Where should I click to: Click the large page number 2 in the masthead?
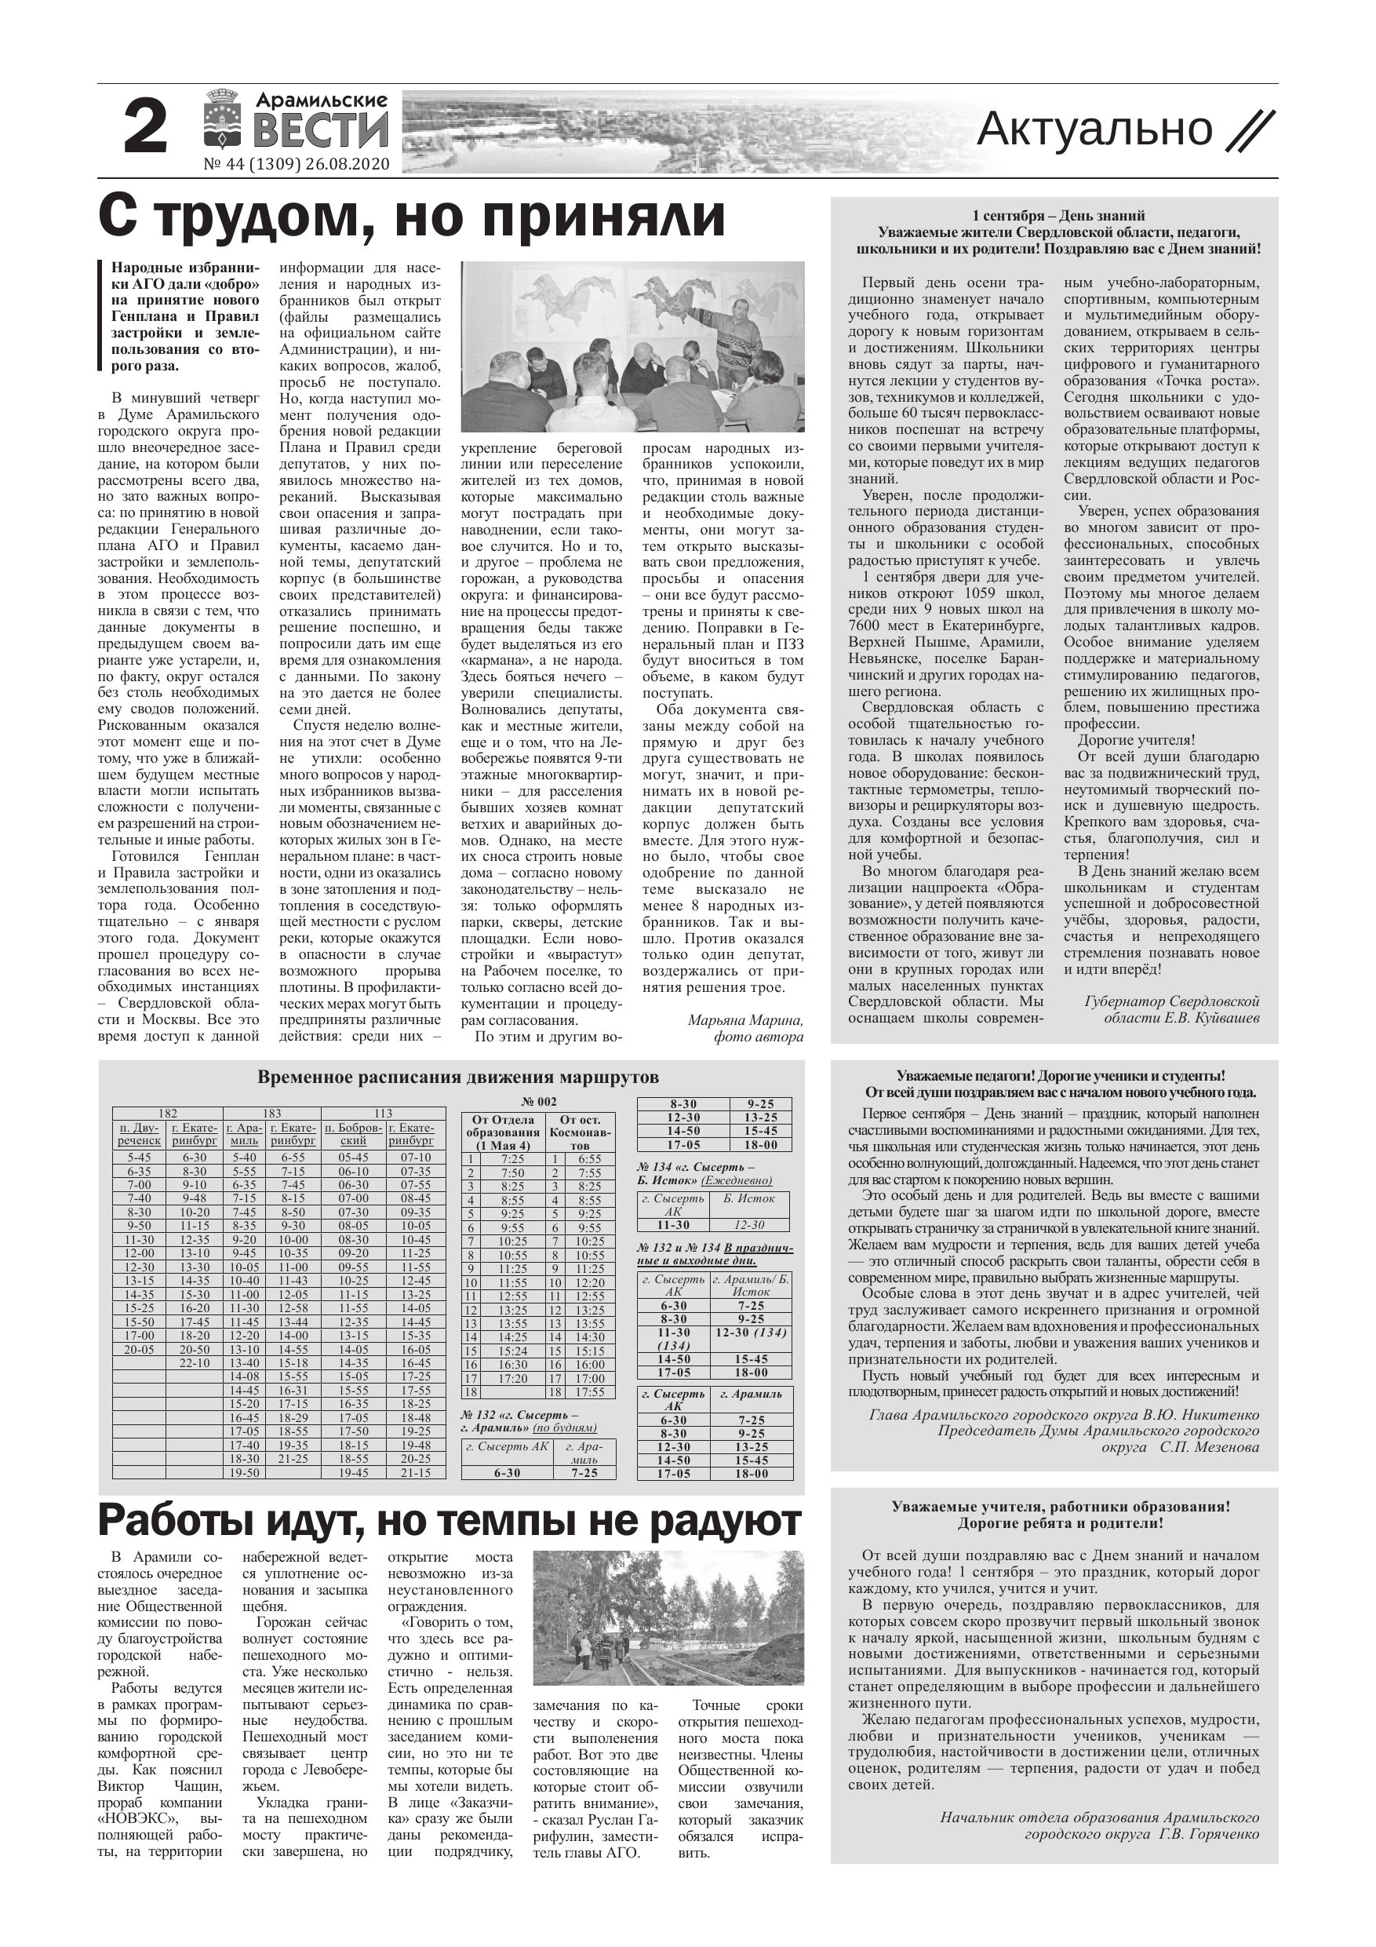pyautogui.click(x=145, y=128)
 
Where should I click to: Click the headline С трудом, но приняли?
pyautogui.click(x=412, y=218)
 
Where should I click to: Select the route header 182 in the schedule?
pyautogui.click(x=168, y=1113)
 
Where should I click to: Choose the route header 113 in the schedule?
pyautogui.click(x=383, y=1113)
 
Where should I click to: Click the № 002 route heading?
pyautogui.click(x=538, y=1102)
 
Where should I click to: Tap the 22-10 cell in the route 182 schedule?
pyautogui.click(x=194, y=1362)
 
